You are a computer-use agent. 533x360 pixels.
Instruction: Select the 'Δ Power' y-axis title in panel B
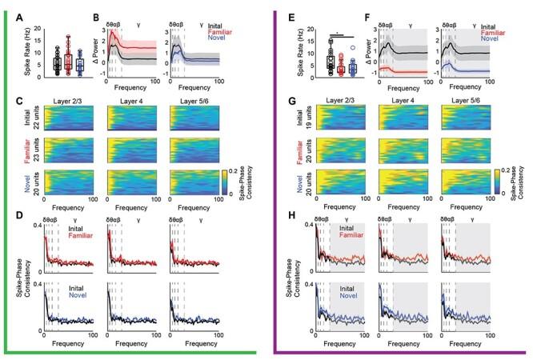(x=96, y=54)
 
